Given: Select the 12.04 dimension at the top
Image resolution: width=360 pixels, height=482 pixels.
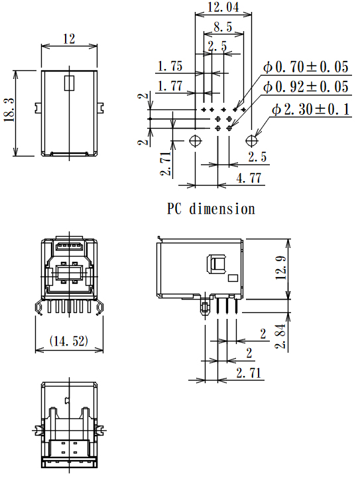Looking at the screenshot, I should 222,8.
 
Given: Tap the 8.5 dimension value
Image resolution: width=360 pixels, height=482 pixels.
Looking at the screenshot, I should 222,27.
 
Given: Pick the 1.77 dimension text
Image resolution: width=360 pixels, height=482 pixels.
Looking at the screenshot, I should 170,86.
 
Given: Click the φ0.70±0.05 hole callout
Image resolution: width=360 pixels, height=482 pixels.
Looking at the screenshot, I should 306,66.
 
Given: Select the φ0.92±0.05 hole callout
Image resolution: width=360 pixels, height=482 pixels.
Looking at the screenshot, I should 306,87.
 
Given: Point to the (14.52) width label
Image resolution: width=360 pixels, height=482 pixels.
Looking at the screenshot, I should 70,341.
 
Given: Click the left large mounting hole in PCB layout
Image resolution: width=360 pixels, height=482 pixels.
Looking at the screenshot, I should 196,141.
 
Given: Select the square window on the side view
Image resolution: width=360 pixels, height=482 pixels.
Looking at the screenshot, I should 217,264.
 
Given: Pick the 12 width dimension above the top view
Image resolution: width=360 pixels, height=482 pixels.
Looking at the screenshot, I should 69,39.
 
